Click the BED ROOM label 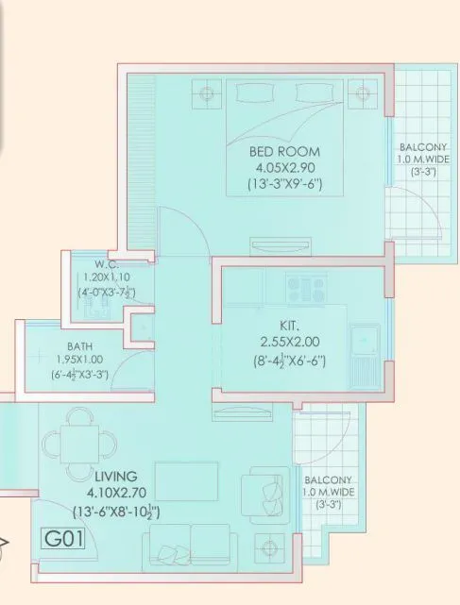point(284,151)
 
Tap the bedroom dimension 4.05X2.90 point(284,167)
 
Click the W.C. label point(105,263)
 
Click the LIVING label point(116,476)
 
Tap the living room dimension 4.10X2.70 point(116,492)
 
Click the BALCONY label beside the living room point(328,479)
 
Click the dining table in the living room point(72,441)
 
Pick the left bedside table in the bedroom point(206,92)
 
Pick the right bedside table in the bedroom point(360,92)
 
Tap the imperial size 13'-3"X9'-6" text point(284,184)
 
